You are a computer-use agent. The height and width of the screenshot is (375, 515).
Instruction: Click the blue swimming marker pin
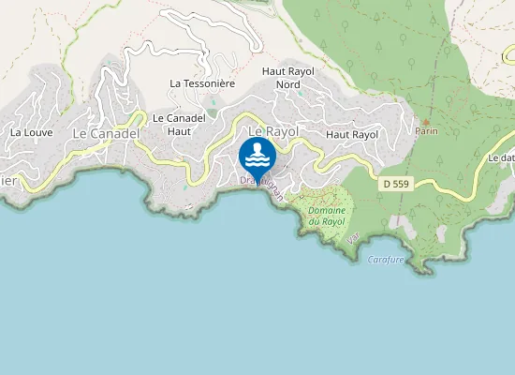257,156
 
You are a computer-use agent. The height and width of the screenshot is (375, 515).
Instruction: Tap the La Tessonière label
201,83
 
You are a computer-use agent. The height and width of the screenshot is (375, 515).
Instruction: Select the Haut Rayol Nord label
287,78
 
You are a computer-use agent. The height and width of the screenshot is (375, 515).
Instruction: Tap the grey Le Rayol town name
273,132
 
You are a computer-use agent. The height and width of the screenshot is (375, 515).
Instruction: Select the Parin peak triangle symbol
427,122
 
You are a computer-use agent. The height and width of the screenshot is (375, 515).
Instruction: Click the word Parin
427,133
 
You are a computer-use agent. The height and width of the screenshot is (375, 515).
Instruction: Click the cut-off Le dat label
501,158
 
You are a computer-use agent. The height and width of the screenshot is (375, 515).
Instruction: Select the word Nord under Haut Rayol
287,84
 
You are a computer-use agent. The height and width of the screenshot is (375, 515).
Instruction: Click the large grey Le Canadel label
106,134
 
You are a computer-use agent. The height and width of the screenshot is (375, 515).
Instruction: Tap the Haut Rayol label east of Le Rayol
352,135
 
